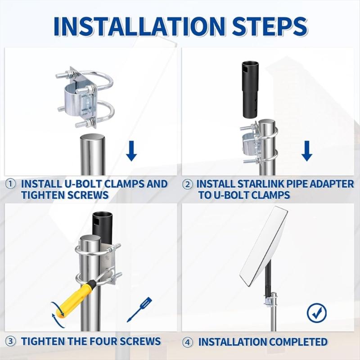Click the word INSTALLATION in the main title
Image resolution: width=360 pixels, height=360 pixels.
[139, 27]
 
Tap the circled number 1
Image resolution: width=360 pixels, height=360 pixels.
[10, 184]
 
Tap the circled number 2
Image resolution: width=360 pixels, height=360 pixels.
[188, 184]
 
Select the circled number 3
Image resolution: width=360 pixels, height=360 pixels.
[10, 342]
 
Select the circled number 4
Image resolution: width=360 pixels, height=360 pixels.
[188, 342]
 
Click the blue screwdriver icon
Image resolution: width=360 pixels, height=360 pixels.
[139, 309]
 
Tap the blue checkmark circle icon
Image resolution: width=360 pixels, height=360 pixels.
[317, 313]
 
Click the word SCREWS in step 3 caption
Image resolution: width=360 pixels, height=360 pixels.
[140, 341]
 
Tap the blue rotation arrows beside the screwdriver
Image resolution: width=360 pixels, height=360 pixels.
[58, 315]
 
